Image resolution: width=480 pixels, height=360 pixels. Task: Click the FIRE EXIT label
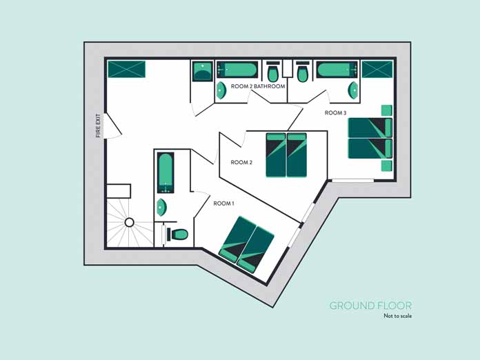[x=98, y=126]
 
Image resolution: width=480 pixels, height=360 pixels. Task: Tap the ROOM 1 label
[x=223, y=203]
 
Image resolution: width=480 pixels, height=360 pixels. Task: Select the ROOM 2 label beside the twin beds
[x=241, y=162]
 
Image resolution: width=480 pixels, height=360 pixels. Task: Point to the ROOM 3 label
[x=335, y=113]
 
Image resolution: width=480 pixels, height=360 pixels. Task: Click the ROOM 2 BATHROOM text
[x=258, y=86]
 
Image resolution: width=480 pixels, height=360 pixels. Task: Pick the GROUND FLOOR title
[x=371, y=306]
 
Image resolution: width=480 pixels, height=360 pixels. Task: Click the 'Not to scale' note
[x=398, y=316]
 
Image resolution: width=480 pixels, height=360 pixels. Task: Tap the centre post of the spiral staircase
[x=129, y=222]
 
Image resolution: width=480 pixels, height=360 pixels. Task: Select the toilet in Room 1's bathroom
[x=177, y=234]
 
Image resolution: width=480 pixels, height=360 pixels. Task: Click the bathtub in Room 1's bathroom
[x=166, y=172]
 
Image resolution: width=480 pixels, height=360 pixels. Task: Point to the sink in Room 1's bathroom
[x=161, y=208]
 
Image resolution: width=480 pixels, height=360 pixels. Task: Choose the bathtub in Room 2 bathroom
[x=237, y=70]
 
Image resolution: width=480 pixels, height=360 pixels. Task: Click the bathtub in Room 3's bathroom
[x=337, y=70]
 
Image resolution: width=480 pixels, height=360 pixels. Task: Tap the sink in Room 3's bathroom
[x=353, y=90]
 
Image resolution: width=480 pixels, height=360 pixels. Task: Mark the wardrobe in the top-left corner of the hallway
[x=126, y=69]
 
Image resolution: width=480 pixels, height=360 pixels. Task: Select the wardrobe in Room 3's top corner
[x=377, y=69]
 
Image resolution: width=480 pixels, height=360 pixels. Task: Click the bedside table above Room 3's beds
[x=387, y=110]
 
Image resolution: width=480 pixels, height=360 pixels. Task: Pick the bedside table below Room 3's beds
[x=387, y=166]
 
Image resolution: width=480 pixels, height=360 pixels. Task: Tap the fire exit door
[x=113, y=125]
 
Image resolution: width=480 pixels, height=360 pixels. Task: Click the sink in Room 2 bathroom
[x=221, y=90]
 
